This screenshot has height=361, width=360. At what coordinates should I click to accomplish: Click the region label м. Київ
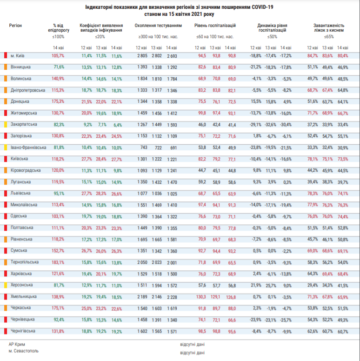coord(17,56)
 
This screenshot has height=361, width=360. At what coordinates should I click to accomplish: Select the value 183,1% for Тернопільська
coord(58,262)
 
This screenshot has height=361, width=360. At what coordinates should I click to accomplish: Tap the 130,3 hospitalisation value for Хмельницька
coord(201,297)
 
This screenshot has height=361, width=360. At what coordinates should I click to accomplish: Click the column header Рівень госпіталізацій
coord(215,26)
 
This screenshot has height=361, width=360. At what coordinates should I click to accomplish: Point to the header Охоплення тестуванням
coord(158,26)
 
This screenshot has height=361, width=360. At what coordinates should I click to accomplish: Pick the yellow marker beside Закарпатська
coord(6,125)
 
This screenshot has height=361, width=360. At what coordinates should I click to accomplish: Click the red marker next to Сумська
coord(6,251)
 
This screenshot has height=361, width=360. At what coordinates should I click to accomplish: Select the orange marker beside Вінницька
coord(6,67)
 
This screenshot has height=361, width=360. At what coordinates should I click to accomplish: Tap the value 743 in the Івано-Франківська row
coord(144,147)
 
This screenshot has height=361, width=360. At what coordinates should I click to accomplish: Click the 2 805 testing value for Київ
coord(142,56)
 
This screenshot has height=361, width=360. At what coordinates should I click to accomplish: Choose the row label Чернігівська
coord(23,331)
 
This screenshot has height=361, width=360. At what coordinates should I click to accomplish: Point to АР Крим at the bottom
coord(17,344)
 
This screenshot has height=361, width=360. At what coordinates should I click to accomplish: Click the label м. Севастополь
coord(23,351)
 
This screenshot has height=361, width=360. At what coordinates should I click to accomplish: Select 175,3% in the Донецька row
coord(58,101)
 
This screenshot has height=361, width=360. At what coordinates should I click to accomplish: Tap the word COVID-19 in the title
coord(262,7)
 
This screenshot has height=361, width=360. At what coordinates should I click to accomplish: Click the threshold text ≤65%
coord(329,37)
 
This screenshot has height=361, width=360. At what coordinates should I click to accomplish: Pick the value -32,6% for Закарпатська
coord(270,125)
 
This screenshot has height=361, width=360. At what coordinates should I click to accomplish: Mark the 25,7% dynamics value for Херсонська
coord(271,286)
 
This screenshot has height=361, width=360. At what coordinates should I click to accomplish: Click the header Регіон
coord(15,26)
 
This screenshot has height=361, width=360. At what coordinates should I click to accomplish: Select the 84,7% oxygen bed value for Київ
coord(313,56)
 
